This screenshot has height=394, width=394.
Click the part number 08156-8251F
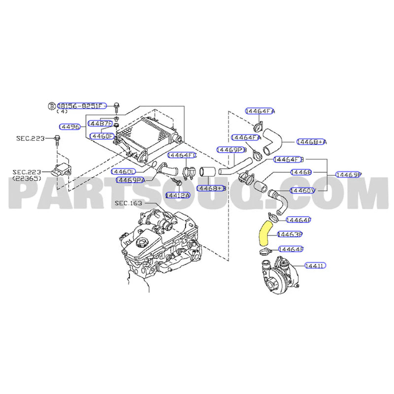82,106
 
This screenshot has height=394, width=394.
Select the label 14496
70,127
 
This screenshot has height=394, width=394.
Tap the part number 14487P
100,123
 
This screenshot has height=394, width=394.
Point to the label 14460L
124,171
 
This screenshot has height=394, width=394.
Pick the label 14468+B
210,188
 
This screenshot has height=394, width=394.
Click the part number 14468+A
311,142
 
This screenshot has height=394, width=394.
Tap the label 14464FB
289,160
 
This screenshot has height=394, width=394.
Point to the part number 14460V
302,190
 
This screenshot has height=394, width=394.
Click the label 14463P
290,234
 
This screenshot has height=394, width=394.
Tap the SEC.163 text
128,203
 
